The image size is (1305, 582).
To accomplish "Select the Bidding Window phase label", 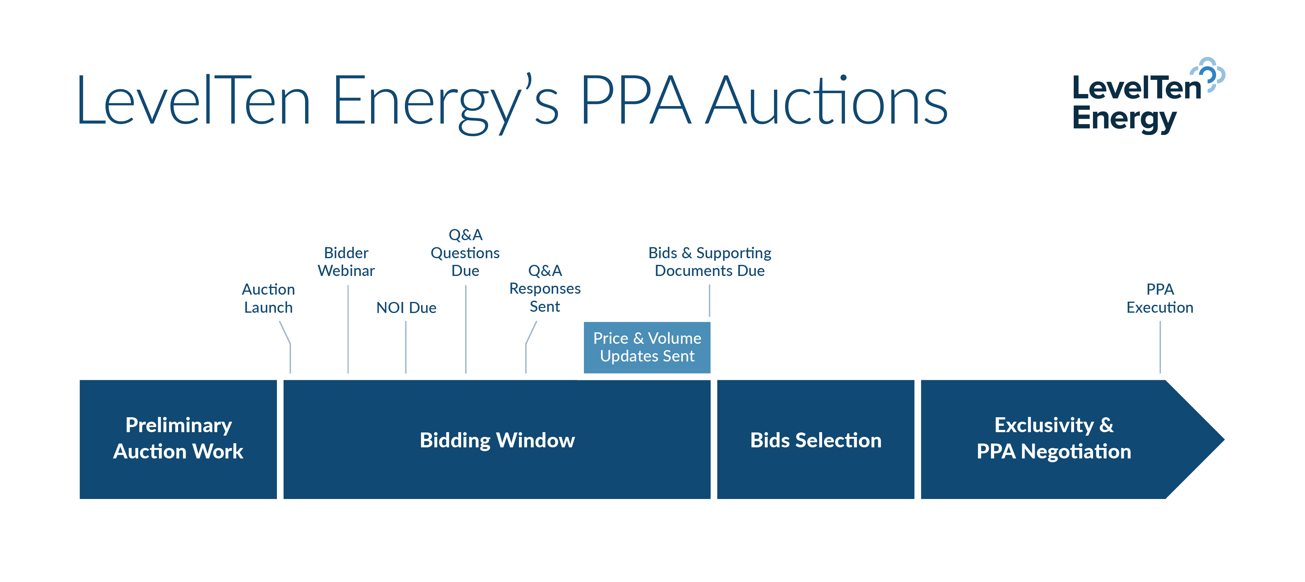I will click(x=497, y=440).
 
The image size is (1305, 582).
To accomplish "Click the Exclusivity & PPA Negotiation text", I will click(x=1054, y=438).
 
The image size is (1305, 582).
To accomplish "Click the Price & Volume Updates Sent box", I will click(x=647, y=348).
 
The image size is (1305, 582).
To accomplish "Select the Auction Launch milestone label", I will click(x=268, y=298).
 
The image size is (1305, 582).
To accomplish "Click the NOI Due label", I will click(x=406, y=307).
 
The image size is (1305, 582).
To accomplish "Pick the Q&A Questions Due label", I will click(x=465, y=253).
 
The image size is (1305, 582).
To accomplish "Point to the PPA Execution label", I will click(x=1160, y=298).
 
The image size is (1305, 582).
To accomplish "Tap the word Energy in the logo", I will click(x=1124, y=119).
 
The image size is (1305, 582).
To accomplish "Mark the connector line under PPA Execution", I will click(x=1160, y=347).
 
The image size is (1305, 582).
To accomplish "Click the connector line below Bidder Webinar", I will click(x=348, y=329).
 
